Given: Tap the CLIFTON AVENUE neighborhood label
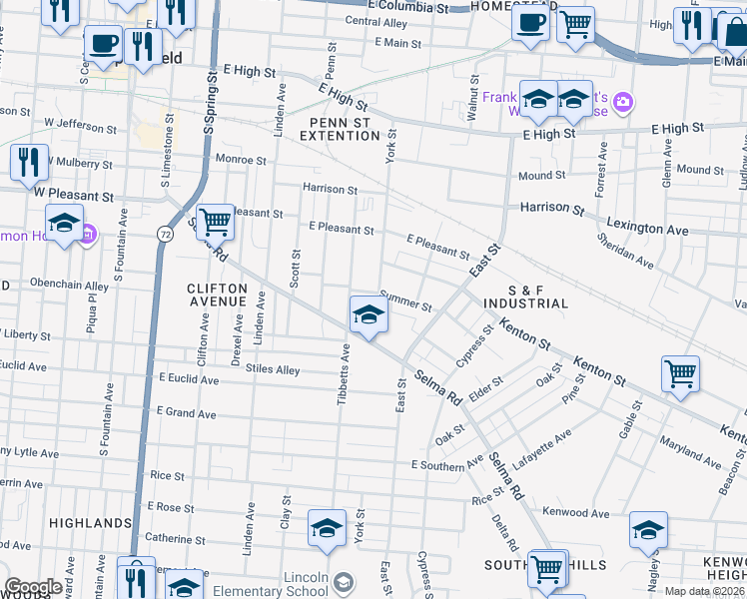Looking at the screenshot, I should (217, 295).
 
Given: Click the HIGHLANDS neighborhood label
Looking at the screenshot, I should (91, 523).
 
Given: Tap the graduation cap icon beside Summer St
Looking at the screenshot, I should (368, 314).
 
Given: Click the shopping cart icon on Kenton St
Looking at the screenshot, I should (680, 374).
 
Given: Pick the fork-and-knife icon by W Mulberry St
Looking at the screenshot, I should (29, 162).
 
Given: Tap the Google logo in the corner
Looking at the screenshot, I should (32, 587).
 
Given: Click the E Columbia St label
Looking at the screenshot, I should (405, 6).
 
